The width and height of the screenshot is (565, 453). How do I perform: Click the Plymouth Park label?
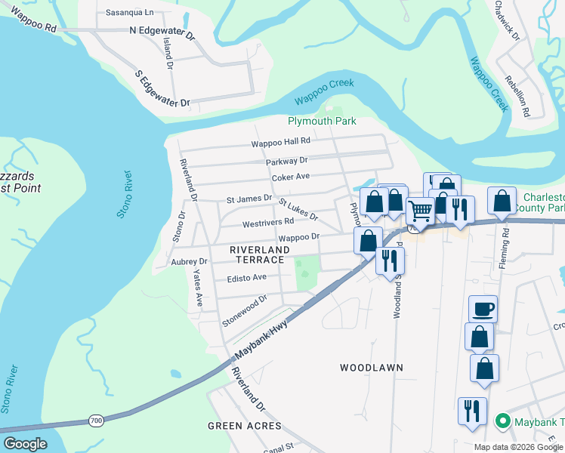click(x=322, y=121)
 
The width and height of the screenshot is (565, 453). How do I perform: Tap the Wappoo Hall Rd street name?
click(x=281, y=141)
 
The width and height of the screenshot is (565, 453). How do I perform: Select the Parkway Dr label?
click(x=287, y=161)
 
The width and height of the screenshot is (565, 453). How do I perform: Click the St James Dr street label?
click(x=249, y=199)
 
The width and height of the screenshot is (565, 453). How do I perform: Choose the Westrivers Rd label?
click(x=267, y=223)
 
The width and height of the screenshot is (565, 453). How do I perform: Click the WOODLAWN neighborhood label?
click(x=371, y=368)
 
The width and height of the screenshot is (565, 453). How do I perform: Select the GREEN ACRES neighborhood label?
click(x=239, y=426)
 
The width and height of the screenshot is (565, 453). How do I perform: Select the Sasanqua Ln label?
click(x=129, y=13)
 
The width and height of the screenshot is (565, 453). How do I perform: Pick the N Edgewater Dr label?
click(x=162, y=32)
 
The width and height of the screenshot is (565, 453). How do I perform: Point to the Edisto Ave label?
click(x=247, y=278)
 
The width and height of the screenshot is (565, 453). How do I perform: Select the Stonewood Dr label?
click(x=245, y=310)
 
